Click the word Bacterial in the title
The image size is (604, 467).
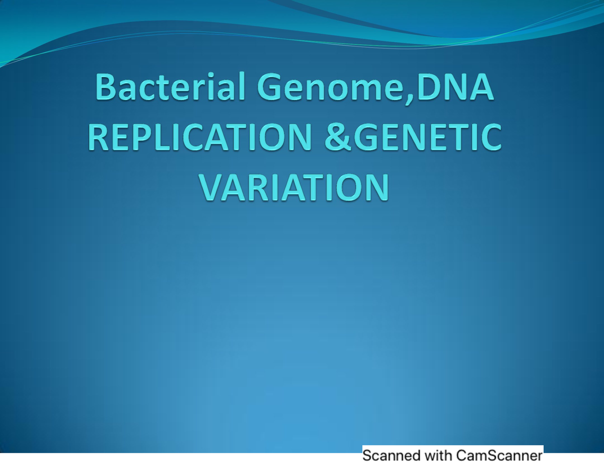pyautogui.click(x=170, y=87)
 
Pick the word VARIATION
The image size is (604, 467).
pyautogui.click(x=295, y=187)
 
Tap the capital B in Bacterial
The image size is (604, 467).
pyautogui.click(x=106, y=87)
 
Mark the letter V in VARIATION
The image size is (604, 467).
pyautogui.click(x=211, y=187)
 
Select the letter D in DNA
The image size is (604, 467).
pyautogui.click(x=431, y=87)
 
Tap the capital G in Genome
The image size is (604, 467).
pyautogui.click(x=272, y=87)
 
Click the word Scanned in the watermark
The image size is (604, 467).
pyautogui.click(x=391, y=456)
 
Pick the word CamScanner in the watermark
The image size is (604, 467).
pyautogui.click(x=499, y=456)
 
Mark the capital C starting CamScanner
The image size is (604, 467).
pyautogui.click(x=462, y=456)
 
